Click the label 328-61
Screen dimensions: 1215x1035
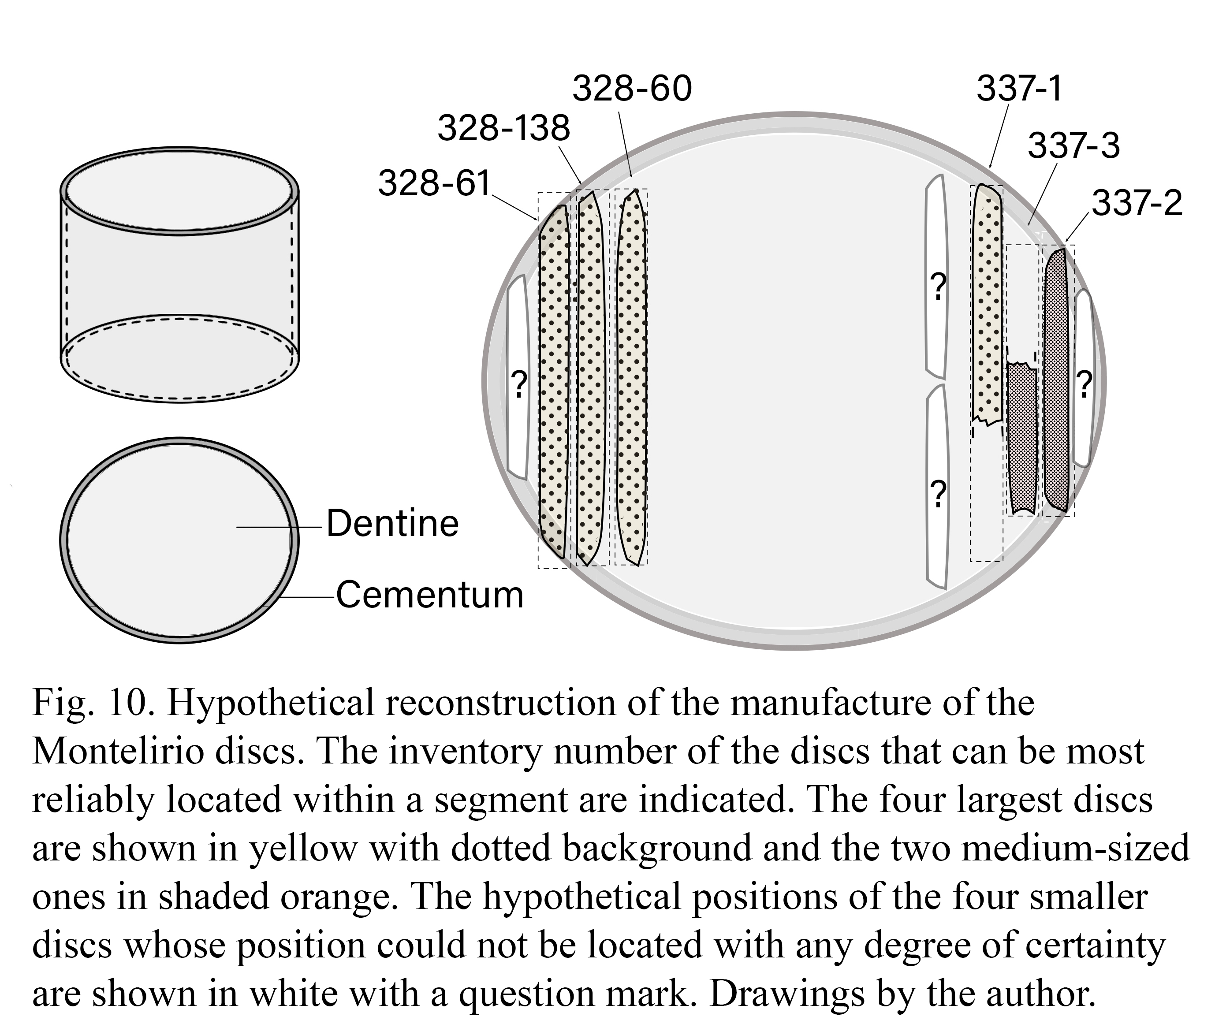(x=434, y=183)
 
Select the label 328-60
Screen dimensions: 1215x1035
(x=632, y=89)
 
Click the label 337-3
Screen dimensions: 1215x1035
(x=1073, y=145)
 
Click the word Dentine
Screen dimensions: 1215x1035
(x=392, y=523)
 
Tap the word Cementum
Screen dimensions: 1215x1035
(x=429, y=595)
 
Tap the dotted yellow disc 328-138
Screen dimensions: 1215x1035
(x=590, y=377)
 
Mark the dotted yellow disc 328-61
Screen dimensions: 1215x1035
(x=554, y=381)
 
